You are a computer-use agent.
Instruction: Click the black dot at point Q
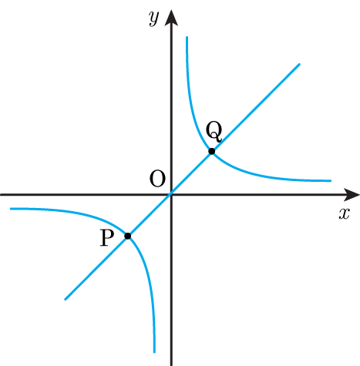coord(211,151)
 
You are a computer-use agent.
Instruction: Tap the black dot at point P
coord(128,236)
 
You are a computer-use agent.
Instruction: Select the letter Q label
coord(214,132)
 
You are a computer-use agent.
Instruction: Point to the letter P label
coord(106,238)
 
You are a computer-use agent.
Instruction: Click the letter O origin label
coord(157,179)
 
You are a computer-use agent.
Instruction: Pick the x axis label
coord(344,213)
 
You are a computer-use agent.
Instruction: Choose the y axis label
coord(154,18)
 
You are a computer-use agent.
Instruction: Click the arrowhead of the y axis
coord(171,18)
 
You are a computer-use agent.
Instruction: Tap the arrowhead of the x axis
coord(352,195)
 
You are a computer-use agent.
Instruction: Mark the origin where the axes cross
coord(171,195)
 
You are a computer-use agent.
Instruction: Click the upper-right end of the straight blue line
coord(299,64)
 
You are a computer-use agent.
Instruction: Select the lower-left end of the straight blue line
coord(66,299)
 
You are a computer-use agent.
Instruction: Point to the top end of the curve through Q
coord(187,38)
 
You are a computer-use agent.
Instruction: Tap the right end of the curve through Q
coord(331,181)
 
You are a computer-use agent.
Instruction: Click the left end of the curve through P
coord(11,209)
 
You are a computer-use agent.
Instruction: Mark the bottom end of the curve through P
coord(154,352)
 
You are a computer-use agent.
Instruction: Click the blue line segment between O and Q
coord(191,173)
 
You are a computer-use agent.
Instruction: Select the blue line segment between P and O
coord(150,215)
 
